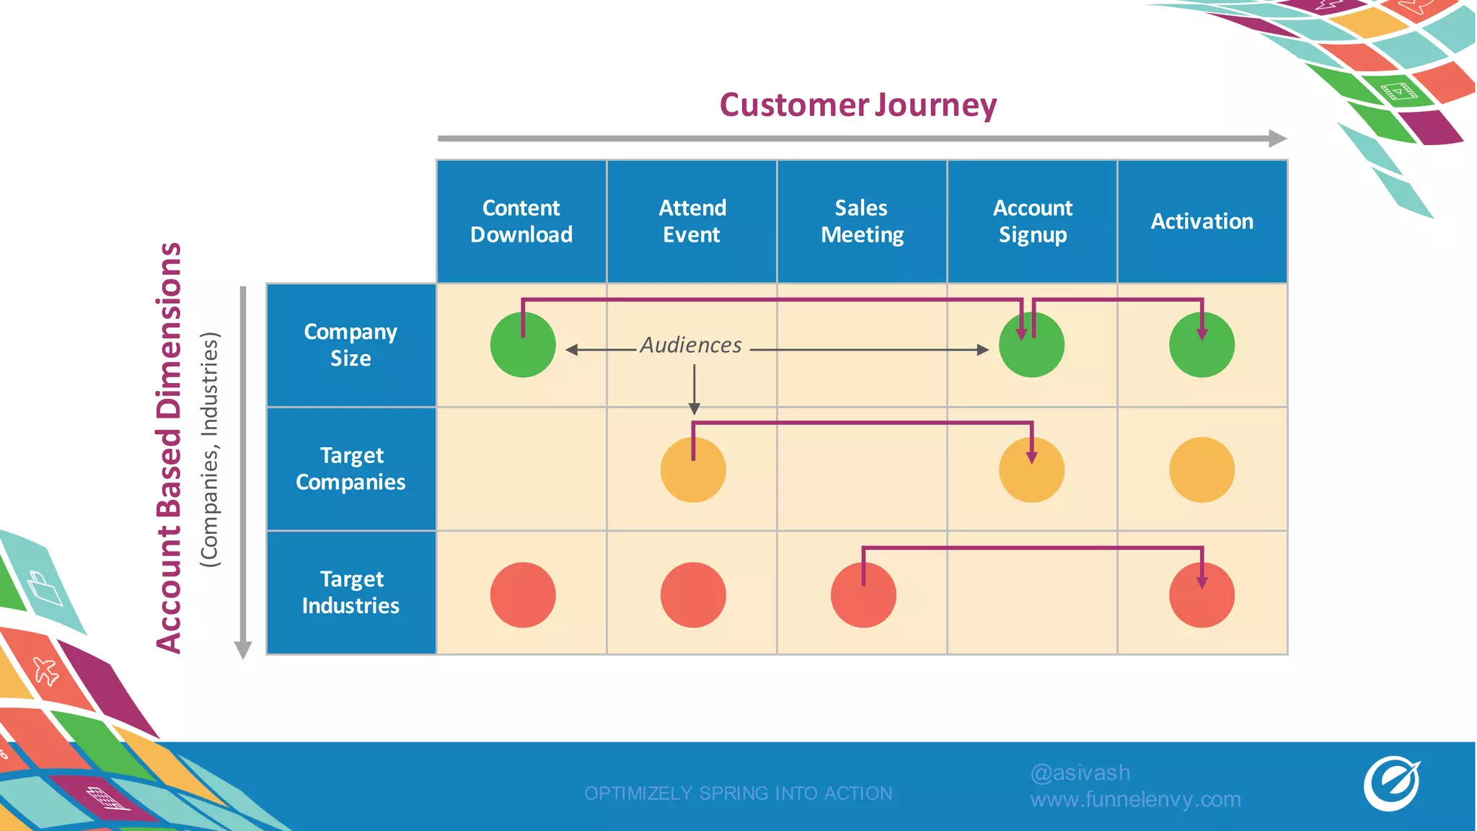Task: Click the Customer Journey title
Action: pos(857,105)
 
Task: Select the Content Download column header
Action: pos(521,221)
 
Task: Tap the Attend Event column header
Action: pos(692,221)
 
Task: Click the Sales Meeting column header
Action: pos(862,221)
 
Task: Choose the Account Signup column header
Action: pos(1032,221)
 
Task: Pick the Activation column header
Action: pos(1202,221)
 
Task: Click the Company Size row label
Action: pos(351,346)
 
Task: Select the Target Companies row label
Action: pos(351,469)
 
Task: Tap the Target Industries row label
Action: pos(351,592)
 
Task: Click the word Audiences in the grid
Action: pos(691,346)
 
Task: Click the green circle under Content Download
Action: pos(523,346)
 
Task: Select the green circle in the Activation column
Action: pos(1202,346)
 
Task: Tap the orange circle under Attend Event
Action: pos(693,470)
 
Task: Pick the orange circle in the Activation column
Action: pos(1202,470)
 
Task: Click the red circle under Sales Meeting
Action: pos(863,595)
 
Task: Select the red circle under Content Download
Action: pos(523,595)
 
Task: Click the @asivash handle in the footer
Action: pos(1080,773)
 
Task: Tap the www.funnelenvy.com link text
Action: pos(1135,800)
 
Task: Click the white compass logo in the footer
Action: pos(1391,784)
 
